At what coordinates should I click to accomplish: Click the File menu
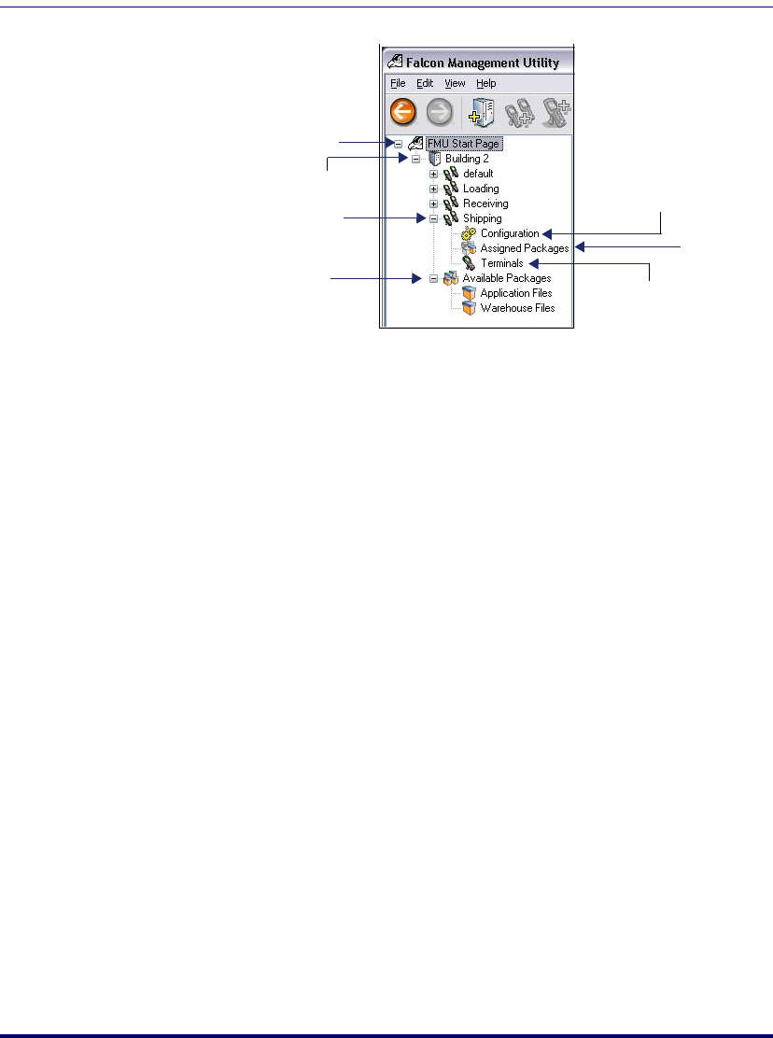tap(398, 83)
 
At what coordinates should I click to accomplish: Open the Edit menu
tap(425, 83)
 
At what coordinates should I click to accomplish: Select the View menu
tap(455, 83)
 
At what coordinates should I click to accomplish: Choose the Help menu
tap(485, 83)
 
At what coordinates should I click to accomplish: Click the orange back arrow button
tap(402, 113)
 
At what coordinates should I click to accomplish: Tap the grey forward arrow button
tap(440, 113)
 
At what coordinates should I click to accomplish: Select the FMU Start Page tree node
tap(464, 144)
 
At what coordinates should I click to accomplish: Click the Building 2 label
tap(467, 159)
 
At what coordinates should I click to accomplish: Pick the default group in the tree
tap(478, 174)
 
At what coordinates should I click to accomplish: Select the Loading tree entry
tap(481, 189)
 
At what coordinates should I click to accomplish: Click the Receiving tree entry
tap(485, 203)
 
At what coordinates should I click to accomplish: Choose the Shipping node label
tap(482, 218)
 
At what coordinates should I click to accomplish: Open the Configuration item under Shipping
tap(510, 233)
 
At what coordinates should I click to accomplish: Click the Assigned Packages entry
tap(524, 248)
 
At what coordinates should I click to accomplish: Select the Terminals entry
tap(501, 263)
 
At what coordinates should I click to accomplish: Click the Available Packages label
tap(507, 278)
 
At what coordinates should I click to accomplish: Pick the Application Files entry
tap(515, 293)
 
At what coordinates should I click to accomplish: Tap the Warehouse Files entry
tap(517, 308)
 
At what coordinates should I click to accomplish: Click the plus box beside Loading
tap(433, 189)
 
